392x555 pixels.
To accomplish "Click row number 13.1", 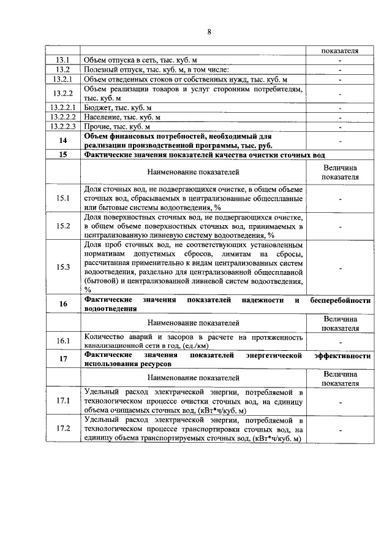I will pyautogui.click(x=63, y=59).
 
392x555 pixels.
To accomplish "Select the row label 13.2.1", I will pyautogui.click(x=63, y=79).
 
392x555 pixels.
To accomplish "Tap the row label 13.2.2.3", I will pyautogui.click(x=63, y=126).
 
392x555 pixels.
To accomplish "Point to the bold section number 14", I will pyautogui.click(x=63, y=140).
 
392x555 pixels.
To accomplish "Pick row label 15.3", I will pyautogui.click(x=63, y=267).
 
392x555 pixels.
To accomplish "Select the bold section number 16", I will pyautogui.click(x=63, y=304).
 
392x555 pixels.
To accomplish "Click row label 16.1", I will pyautogui.click(x=63, y=341).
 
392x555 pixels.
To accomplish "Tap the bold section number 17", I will pyautogui.click(x=63, y=359).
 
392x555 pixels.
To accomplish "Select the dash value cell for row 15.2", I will pyautogui.click(x=339, y=226).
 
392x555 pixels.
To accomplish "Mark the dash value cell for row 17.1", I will pyautogui.click(x=339, y=401).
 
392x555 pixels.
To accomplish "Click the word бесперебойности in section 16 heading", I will pyautogui.click(x=341, y=300).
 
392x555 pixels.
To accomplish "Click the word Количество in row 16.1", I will pyautogui.click(x=104, y=337).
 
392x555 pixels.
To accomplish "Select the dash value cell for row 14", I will pyautogui.click(x=339, y=140).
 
